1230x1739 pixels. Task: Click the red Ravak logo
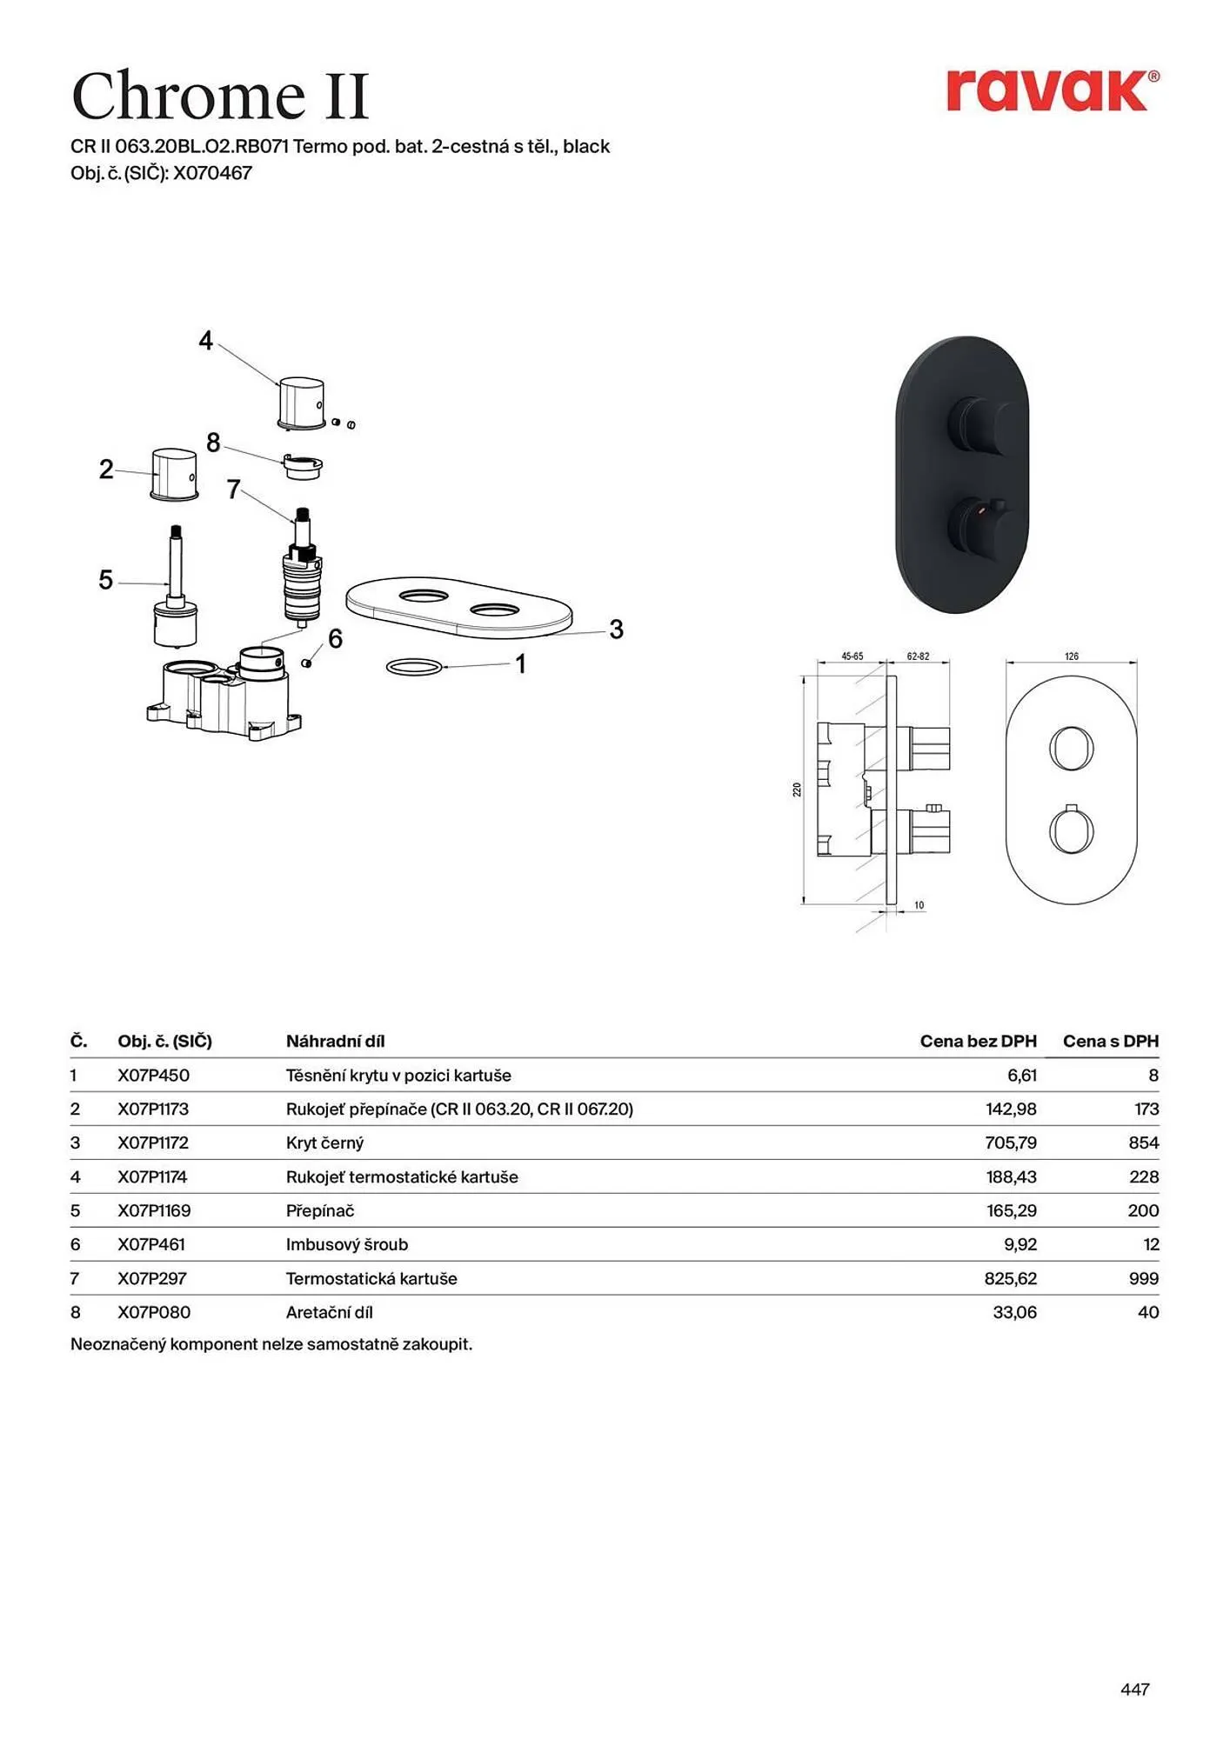pyautogui.click(x=1052, y=90)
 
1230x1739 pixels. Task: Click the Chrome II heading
pyautogui.click(x=221, y=96)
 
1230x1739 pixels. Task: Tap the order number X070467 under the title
pyautogui.click(x=212, y=173)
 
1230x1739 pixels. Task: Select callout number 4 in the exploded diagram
pyautogui.click(x=205, y=341)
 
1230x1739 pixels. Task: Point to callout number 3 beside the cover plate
pyautogui.click(x=616, y=630)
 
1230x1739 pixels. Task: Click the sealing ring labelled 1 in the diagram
pyautogui.click(x=414, y=667)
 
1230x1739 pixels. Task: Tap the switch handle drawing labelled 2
pyautogui.click(x=174, y=475)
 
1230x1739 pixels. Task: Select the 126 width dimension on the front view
pyautogui.click(x=1071, y=656)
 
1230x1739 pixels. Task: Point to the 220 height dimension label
pyautogui.click(x=797, y=790)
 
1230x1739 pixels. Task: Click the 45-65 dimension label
pyautogui.click(x=852, y=656)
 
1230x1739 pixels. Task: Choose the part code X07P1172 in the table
pyautogui.click(x=153, y=1143)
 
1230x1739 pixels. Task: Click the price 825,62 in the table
pyautogui.click(x=1010, y=1278)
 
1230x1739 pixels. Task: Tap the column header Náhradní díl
pyautogui.click(x=335, y=1041)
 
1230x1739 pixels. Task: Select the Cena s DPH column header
pyautogui.click(x=1110, y=1041)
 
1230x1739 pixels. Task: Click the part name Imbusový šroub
pyautogui.click(x=346, y=1244)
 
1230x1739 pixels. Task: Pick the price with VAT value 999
pyautogui.click(x=1143, y=1278)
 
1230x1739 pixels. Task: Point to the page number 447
pyautogui.click(x=1134, y=1689)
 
